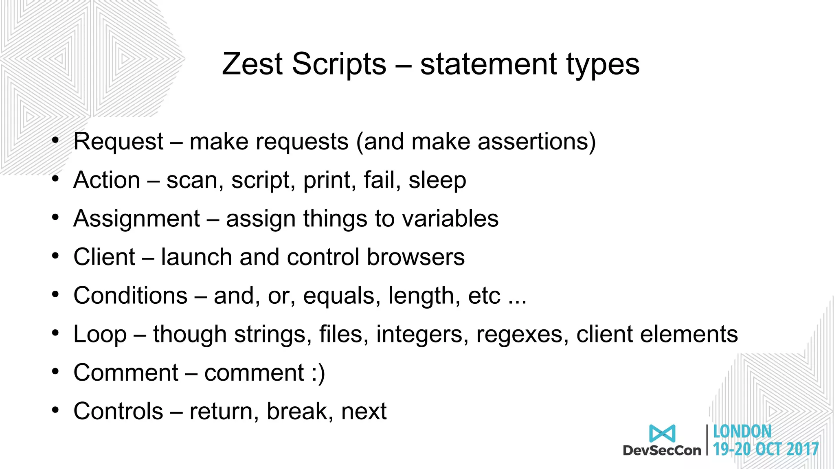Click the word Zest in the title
tap(252, 64)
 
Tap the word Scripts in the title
tap(339, 64)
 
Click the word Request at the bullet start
tap(118, 142)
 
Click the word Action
tap(107, 180)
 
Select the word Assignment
tap(137, 219)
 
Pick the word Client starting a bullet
tap(104, 257)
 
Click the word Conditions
tap(130, 295)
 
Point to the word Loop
tap(100, 334)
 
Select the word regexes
tap(522, 334)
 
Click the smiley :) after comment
tap(318, 373)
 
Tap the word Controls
tap(118, 411)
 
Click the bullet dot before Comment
tap(55, 371)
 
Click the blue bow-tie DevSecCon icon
tap(662, 434)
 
